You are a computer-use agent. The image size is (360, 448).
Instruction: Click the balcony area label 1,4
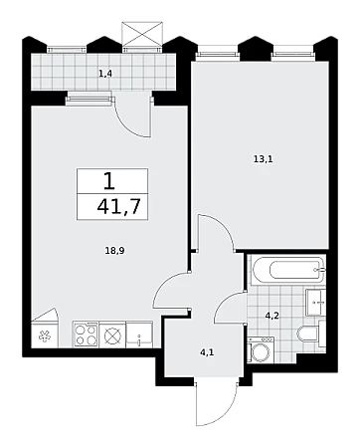[105, 74]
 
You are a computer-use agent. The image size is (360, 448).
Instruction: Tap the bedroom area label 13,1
[264, 159]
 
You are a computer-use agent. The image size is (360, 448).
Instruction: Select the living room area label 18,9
[114, 251]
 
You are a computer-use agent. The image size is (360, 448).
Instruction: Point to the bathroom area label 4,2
[272, 316]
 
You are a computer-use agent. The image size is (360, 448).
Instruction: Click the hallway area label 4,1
[207, 352]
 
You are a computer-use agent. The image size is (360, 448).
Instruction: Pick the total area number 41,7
[118, 207]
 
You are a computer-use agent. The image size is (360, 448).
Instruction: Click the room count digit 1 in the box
[109, 181]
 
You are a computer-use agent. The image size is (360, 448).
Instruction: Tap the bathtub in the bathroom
[286, 270]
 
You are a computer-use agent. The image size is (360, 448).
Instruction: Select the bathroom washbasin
[315, 302]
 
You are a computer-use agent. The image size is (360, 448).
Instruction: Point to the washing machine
[261, 349]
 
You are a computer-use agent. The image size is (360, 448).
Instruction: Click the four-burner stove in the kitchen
[86, 335]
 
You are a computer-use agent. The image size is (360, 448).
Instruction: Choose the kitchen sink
[139, 335]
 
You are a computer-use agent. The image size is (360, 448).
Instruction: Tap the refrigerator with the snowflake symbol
[45, 335]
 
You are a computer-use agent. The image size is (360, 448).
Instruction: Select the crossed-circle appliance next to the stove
[112, 335]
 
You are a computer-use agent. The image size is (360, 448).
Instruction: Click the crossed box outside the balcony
[142, 34]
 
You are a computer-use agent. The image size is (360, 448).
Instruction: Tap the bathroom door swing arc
[226, 301]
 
